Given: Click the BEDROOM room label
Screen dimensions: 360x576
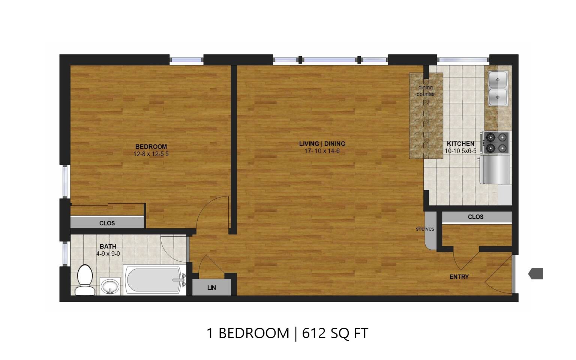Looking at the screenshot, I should (x=151, y=147).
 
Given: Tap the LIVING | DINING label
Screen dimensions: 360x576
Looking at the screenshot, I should (x=322, y=144).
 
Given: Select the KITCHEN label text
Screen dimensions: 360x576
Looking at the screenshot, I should (x=460, y=144).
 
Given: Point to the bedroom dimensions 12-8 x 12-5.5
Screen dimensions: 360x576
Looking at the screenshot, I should (x=151, y=154).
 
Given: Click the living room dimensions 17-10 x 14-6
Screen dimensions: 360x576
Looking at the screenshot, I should (x=322, y=151).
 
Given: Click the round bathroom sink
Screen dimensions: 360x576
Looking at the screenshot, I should (x=110, y=287).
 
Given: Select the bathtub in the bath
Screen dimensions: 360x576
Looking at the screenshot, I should (x=154, y=280).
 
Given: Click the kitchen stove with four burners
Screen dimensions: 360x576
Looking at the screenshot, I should (x=496, y=143).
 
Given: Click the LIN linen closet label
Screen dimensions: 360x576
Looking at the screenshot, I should (x=211, y=288).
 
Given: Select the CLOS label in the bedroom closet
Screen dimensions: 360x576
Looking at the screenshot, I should (x=107, y=223).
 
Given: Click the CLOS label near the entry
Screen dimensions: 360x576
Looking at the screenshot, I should (x=475, y=217).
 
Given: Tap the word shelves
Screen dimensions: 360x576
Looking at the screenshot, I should (x=425, y=229).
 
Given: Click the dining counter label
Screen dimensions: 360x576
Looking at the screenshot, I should (x=426, y=91).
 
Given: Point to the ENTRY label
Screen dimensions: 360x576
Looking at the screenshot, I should (x=459, y=277).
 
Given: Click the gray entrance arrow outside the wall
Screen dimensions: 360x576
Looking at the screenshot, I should (x=536, y=274).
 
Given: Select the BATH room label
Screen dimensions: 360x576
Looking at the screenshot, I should (x=108, y=246).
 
